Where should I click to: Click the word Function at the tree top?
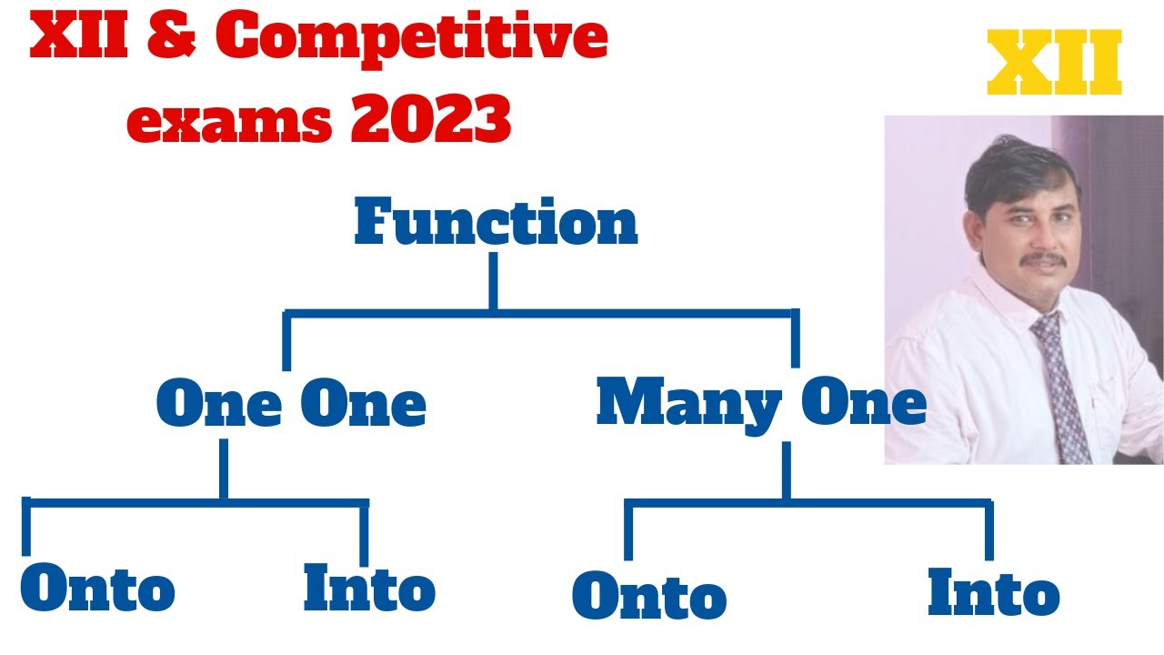tap(496, 223)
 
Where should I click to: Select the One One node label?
tap(291, 405)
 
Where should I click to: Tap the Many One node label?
tap(761, 402)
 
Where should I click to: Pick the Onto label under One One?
tap(97, 589)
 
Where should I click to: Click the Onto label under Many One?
tap(649, 597)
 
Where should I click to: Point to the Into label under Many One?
tap(993, 593)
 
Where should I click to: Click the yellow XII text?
tap(1054, 65)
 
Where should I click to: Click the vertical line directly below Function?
tap(493, 281)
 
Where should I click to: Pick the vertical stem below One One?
tap(223, 469)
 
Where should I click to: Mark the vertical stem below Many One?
tap(786, 470)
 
